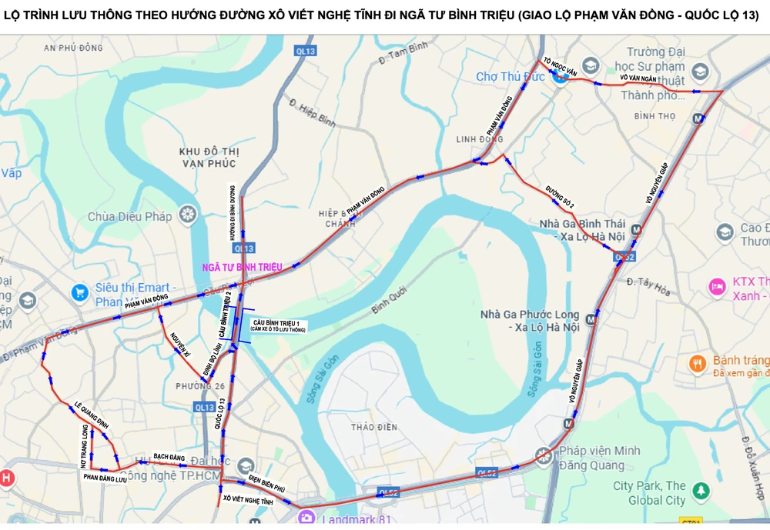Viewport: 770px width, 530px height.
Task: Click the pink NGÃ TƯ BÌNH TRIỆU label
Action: [x=242, y=267]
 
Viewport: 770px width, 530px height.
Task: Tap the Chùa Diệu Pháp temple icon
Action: [x=187, y=214]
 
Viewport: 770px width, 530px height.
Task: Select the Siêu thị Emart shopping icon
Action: [x=79, y=292]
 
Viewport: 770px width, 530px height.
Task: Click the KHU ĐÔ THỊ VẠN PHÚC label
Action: [x=208, y=157]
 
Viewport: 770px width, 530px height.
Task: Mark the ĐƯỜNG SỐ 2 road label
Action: [x=561, y=198]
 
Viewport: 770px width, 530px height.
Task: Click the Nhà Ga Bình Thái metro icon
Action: [x=637, y=229]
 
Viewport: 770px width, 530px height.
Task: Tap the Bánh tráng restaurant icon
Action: [x=698, y=364]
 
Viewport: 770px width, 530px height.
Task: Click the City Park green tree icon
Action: [x=700, y=489]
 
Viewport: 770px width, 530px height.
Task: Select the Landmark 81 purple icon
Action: [x=307, y=517]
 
